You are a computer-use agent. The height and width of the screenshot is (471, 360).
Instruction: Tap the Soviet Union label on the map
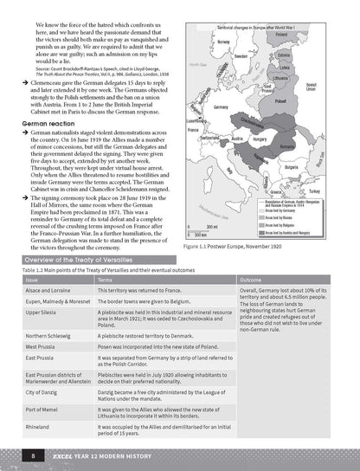coord(311,88)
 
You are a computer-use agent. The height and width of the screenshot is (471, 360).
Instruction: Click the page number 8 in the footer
coord(31,455)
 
